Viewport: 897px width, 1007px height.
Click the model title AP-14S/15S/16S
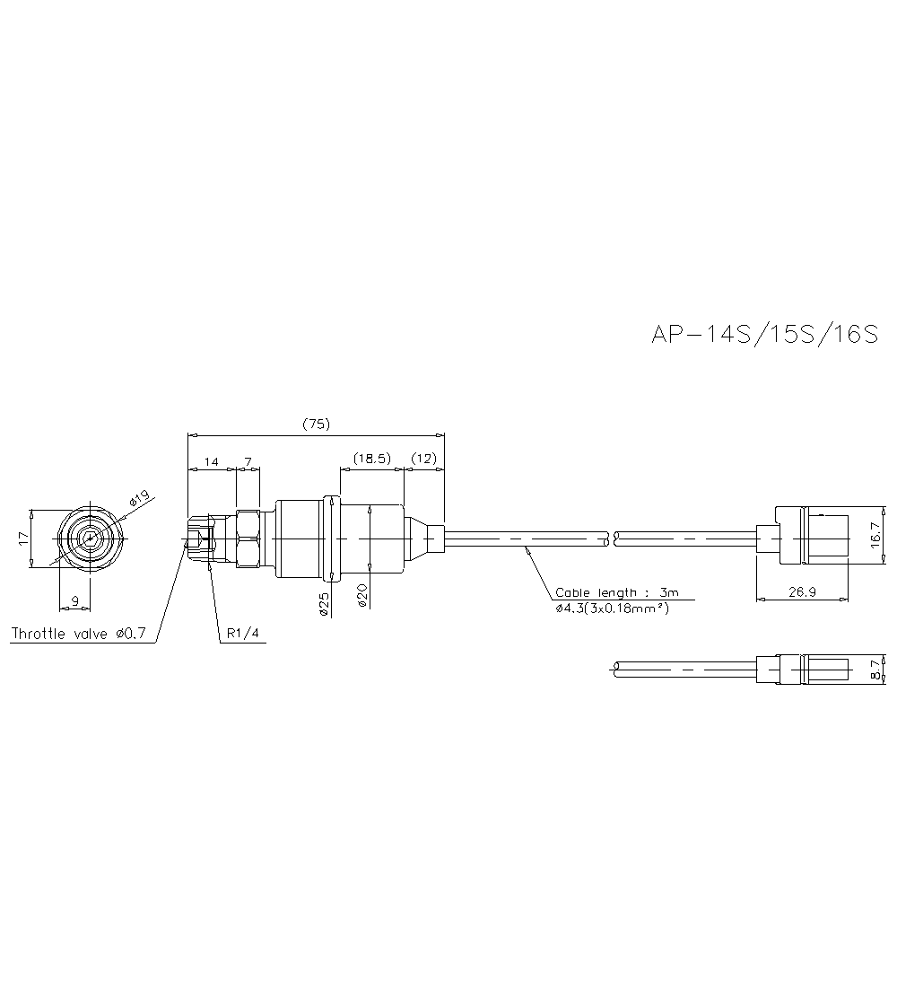click(x=764, y=334)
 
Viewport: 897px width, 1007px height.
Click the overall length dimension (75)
click(x=316, y=424)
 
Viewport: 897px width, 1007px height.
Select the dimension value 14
click(x=211, y=461)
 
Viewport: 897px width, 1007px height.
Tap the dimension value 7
click(x=248, y=461)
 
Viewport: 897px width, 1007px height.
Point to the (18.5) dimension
click(x=371, y=458)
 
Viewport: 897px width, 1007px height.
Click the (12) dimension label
click(x=423, y=458)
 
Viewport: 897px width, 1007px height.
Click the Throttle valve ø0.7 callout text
click(x=79, y=634)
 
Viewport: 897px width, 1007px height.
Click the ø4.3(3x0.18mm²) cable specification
click(x=612, y=608)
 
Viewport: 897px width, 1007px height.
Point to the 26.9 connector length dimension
click(x=802, y=592)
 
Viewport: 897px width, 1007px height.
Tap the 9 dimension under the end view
click(x=75, y=602)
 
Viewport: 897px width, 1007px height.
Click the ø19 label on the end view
click(x=138, y=499)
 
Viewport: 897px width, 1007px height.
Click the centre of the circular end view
click(x=90, y=538)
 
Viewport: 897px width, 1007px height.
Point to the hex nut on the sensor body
click(x=248, y=539)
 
